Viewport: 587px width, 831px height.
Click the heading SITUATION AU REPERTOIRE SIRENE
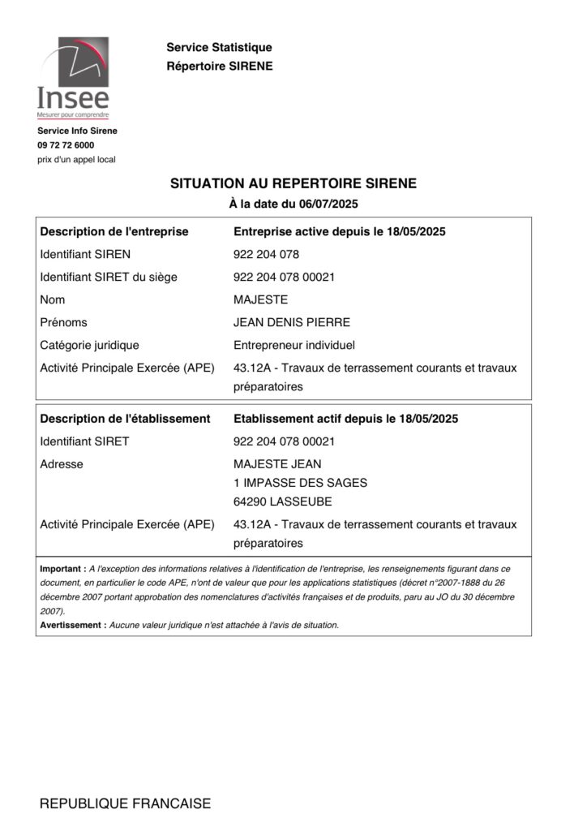(x=293, y=184)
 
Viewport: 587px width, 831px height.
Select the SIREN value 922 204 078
(x=266, y=254)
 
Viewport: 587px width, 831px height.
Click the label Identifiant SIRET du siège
(x=109, y=277)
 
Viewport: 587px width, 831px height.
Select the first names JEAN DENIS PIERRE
(x=291, y=322)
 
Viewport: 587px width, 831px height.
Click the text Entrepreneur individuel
(x=293, y=345)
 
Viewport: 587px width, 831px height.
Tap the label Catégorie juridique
(x=89, y=345)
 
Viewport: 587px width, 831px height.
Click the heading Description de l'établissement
(x=126, y=419)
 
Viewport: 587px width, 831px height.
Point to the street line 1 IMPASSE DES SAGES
(x=299, y=483)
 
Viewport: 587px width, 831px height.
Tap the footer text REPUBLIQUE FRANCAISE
(x=125, y=804)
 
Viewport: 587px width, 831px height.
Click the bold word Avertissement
(x=71, y=625)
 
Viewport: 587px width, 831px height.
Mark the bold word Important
(x=62, y=570)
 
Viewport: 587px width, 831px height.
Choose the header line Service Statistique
(x=219, y=49)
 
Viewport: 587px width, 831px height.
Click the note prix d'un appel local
(x=76, y=159)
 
